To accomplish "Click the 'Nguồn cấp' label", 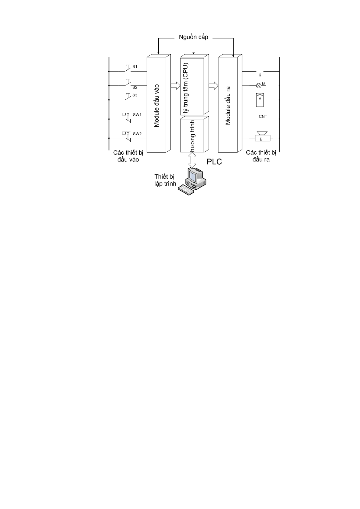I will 193,37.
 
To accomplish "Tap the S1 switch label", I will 135,66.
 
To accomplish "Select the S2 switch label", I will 135,88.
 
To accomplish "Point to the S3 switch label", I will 135,95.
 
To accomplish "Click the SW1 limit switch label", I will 137,115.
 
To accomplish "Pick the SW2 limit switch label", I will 137,134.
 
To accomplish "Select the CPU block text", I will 188,88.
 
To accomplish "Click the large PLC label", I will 214,162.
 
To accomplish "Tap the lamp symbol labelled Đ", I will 259,85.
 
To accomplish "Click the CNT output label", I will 263,117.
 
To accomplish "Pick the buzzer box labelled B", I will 261,139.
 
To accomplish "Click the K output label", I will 260,75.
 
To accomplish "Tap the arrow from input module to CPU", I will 175,85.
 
